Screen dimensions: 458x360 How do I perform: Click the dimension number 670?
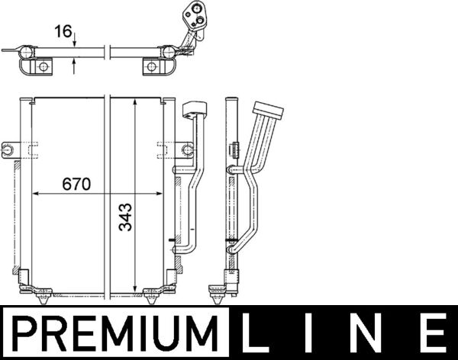(76, 184)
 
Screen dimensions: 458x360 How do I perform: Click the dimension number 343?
(126, 217)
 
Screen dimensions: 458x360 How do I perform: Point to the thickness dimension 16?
(63, 31)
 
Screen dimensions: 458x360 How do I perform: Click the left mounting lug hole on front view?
(8, 150)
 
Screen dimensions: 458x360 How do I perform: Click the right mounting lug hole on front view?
(188, 149)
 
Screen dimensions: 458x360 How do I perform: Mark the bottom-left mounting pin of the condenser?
(44, 299)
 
